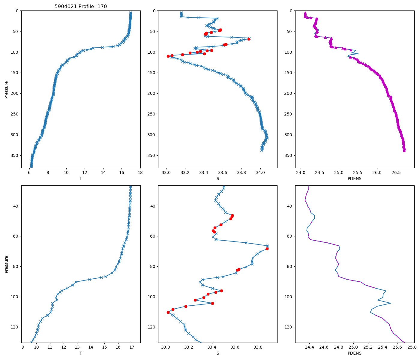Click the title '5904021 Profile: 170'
pyautogui.click(x=81, y=7)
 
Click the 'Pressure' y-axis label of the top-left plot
pyautogui.click(x=6, y=89)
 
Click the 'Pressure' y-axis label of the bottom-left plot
pyautogui.click(x=6, y=264)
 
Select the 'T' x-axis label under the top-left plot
pyautogui.click(x=81, y=178)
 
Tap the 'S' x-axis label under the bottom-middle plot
pyautogui.click(x=218, y=353)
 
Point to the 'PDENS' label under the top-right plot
pyautogui.click(x=355, y=178)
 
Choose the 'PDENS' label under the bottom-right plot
pyautogui.click(x=355, y=353)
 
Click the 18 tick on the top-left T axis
pyautogui.click(x=140, y=172)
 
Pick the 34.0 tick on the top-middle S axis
pyautogui.click(x=260, y=172)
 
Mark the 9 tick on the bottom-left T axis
pyautogui.click(x=23, y=347)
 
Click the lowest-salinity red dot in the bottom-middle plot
pyautogui.click(x=168, y=312)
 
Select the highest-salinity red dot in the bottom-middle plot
pyautogui.click(x=267, y=249)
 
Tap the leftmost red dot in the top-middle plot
pyautogui.click(x=168, y=56)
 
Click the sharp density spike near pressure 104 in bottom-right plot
pyautogui.click(x=390, y=303)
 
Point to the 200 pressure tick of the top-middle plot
pyautogui.click(x=152, y=93)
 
